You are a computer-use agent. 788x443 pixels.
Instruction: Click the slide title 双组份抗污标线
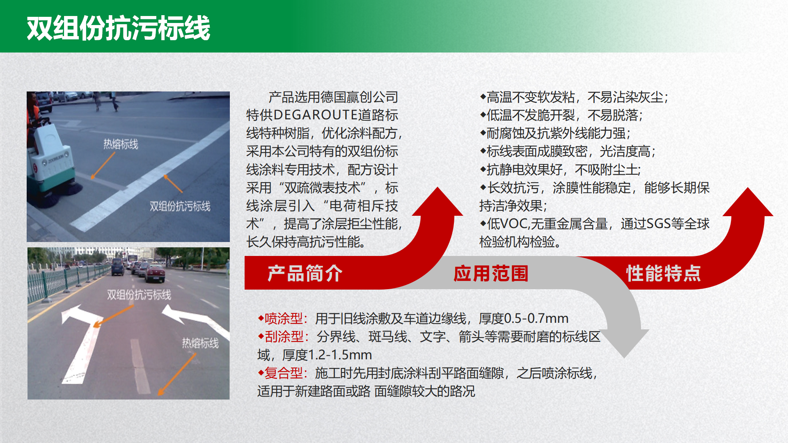119,28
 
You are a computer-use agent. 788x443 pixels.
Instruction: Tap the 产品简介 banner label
305,274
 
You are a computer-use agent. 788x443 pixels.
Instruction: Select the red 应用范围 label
491,274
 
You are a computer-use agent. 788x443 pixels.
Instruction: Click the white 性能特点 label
664,274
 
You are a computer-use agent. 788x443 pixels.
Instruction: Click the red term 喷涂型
284,318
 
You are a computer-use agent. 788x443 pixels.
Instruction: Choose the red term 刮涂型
284,337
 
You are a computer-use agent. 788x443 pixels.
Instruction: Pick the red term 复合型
284,373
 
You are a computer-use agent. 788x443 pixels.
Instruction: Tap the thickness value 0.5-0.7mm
536,318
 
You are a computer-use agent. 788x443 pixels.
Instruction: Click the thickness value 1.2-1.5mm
340,355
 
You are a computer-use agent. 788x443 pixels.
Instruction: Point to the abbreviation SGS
659,224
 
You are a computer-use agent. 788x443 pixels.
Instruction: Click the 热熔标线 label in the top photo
121,144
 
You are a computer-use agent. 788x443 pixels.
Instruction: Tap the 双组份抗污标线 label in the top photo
180,206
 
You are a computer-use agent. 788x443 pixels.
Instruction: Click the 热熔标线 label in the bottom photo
200,343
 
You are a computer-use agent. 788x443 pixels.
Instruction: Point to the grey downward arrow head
624,343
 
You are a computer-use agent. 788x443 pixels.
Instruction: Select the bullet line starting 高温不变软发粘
574,97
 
